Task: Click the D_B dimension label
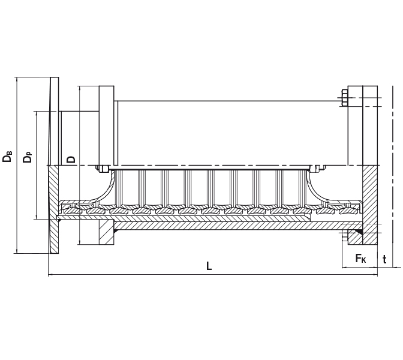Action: (8, 157)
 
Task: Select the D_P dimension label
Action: (28, 157)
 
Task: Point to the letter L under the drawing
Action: (209, 266)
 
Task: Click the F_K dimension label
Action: (360, 259)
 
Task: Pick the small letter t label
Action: (384, 259)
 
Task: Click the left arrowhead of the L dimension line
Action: (50, 275)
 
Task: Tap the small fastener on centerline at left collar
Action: (103, 168)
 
